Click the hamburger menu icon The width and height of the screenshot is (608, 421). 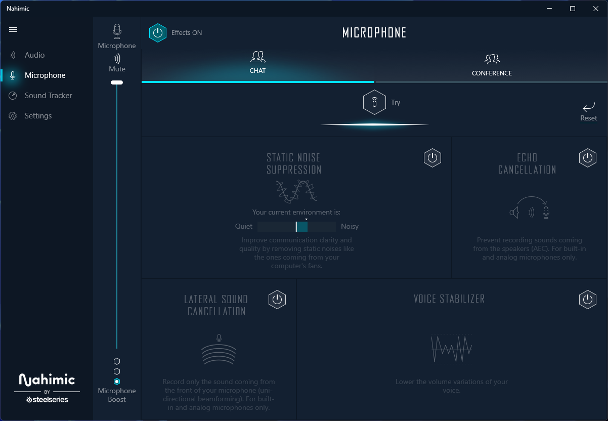(x=13, y=30)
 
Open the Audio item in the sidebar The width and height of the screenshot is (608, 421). (x=34, y=55)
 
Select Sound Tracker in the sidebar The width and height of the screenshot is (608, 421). (x=48, y=96)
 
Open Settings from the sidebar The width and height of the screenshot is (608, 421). (x=38, y=116)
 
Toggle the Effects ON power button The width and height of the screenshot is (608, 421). (x=158, y=32)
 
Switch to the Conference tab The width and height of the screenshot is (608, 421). (x=492, y=65)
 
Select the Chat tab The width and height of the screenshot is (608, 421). (x=257, y=63)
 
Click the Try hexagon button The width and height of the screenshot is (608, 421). (x=374, y=103)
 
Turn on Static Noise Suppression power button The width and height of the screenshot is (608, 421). (x=432, y=158)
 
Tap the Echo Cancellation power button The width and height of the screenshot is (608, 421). (x=587, y=158)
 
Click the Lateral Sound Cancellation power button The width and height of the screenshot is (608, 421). (x=277, y=300)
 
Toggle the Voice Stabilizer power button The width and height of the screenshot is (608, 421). (x=587, y=300)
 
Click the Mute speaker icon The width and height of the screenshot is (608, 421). (x=117, y=58)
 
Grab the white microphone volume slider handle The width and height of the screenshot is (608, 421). (x=117, y=82)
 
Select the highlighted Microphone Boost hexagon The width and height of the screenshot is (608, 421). (x=117, y=382)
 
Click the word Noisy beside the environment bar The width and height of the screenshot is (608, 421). (x=350, y=227)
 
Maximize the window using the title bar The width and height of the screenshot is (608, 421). (x=572, y=9)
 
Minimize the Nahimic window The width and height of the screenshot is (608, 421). (x=549, y=9)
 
